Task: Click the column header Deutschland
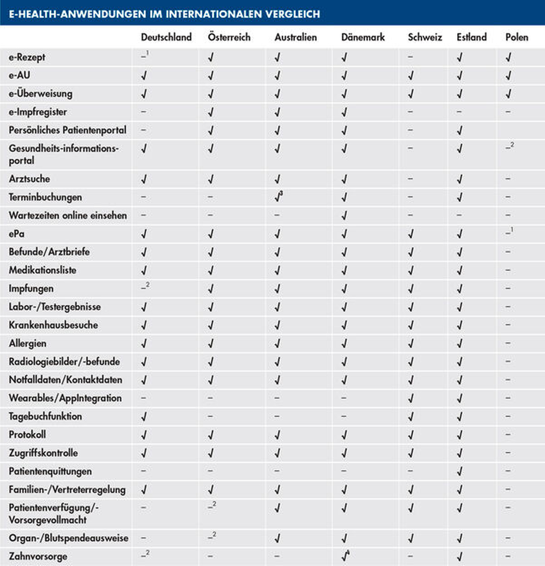pyautogui.click(x=166, y=37)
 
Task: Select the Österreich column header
pyautogui.click(x=229, y=37)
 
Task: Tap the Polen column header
pyautogui.click(x=517, y=37)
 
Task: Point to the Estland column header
pyautogui.click(x=472, y=37)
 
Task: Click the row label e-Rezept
pyautogui.click(x=27, y=57)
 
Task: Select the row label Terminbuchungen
pyautogui.click(x=45, y=197)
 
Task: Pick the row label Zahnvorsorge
pyautogui.click(x=38, y=556)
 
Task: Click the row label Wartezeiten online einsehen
pyautogui.click(x=68, y=215)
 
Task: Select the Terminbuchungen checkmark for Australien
pyautogui.click(x=278, y=197)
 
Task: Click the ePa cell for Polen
pyautogui.click(x=509, y=233)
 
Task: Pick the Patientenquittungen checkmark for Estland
pyautogui.click(x=460, y=471)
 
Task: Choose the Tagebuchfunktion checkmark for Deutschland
pyautogui.click(x=144, y=417)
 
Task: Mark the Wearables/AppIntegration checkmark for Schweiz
pyautogui.click(x=410, y=398)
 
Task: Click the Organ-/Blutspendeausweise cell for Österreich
pyautogui.click(x=212, y=537)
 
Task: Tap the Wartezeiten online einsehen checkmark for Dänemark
pyautogui.click(x=344, y=215)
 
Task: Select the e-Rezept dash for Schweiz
pyautogui.click(x=410, y=57)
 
